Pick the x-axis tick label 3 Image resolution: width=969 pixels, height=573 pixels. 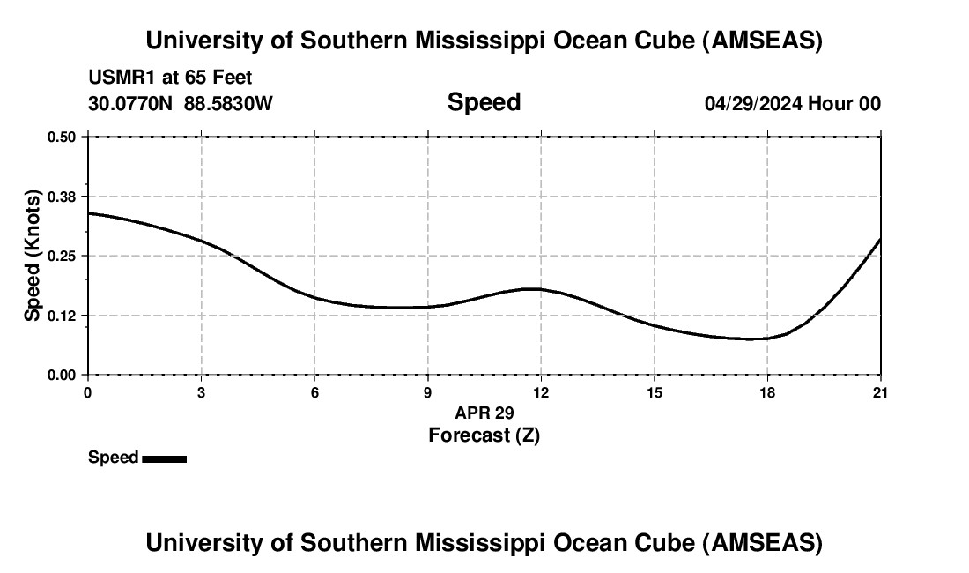[202, 391]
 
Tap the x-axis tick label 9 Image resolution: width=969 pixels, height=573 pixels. [428, 391]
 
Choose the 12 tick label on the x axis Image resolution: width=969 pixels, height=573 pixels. [541, 391]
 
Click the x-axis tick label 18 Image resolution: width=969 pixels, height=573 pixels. [767, 391]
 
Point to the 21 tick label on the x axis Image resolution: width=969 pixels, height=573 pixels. [880, 391]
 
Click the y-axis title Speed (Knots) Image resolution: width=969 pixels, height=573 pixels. [33, 256]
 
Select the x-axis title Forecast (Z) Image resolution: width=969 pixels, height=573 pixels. [484, 435]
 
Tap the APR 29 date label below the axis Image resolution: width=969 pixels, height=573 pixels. [484, 413]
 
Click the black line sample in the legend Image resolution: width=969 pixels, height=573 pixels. [164, 458]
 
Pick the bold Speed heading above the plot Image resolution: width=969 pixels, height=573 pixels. [484, 102]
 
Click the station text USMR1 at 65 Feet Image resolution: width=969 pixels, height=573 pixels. [170, 78]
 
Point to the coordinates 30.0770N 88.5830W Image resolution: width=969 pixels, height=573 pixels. [181, 103]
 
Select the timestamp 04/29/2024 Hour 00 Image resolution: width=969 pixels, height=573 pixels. [792, 103]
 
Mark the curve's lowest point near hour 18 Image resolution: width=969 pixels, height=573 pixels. [753, 339]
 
